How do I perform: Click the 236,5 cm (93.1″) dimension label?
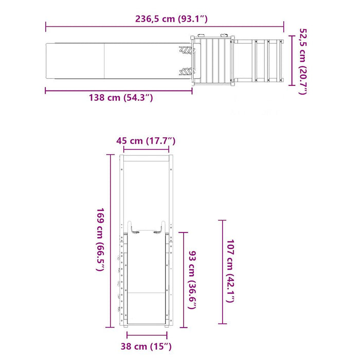(x=164, y=20)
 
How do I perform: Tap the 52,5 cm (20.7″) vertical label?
(x=302, y=62)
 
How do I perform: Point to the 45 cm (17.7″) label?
(x=146, y=141)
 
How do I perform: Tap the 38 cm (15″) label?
(x=146, y=347)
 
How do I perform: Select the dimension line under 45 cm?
(x=146, y=150)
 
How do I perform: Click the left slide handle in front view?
(x=133, y=227)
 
